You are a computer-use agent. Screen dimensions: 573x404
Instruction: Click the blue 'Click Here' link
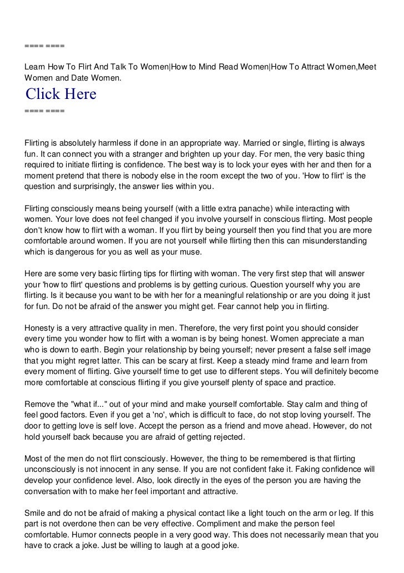coord(60,94)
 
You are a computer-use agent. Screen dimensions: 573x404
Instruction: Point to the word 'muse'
coord(190,252)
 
